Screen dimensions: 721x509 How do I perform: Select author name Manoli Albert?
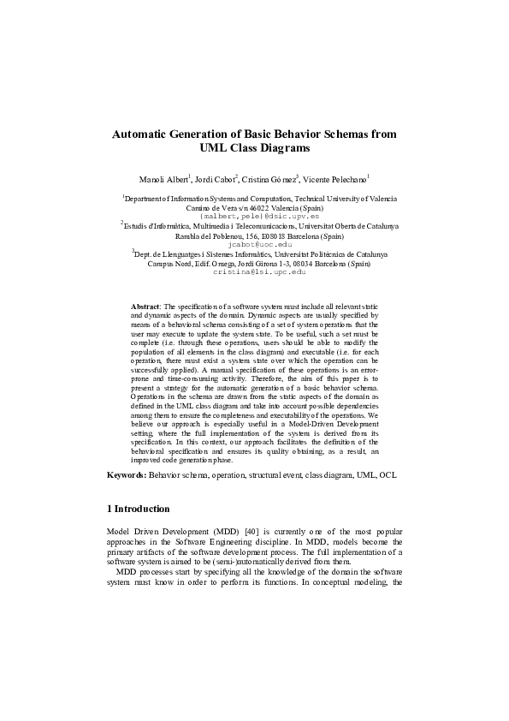pos(163,179)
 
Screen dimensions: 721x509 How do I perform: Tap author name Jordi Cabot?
pos(215,179)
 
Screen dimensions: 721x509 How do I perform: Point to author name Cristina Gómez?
pos(269,179)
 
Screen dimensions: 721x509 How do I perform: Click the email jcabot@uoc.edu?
pos(254,244)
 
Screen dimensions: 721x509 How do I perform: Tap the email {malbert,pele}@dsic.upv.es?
pos(254,217)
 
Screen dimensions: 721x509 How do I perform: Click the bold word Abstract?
pos(145,306)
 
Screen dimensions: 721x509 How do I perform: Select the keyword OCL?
pos(388,474)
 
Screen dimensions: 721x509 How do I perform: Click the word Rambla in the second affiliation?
pos(189,235)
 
